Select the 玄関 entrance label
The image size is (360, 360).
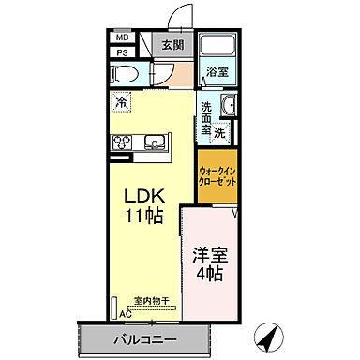click(x=172, y=45)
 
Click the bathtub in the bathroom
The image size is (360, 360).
click(x=219, y=45)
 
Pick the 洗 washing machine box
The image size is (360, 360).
click(x=218, y=133)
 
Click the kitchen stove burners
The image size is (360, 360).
click(x=123, y=142)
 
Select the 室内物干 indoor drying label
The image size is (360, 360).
click(x=150, y=300)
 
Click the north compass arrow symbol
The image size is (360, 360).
click(x=270, y=335)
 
